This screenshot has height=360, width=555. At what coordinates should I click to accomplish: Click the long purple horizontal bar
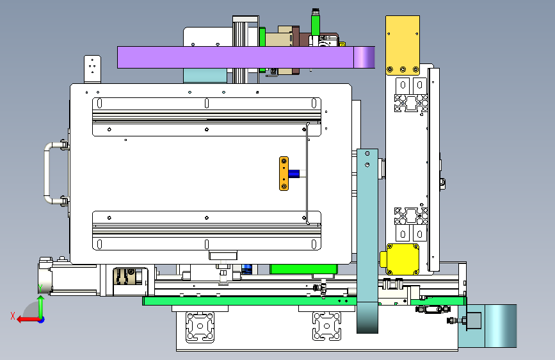click(246, 57)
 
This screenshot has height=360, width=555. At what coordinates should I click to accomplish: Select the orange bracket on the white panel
click(284, 174)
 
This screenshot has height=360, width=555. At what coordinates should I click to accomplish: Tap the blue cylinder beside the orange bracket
click(294, 174)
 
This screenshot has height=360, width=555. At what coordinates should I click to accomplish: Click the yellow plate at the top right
click(403, 45)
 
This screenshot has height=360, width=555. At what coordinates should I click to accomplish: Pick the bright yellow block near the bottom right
click(400, 259)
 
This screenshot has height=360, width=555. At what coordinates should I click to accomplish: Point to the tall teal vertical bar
click(367, 241)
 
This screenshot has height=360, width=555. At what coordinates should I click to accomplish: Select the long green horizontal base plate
click(305, 301)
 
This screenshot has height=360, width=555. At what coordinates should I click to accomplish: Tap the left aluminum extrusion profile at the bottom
click(200, 327)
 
